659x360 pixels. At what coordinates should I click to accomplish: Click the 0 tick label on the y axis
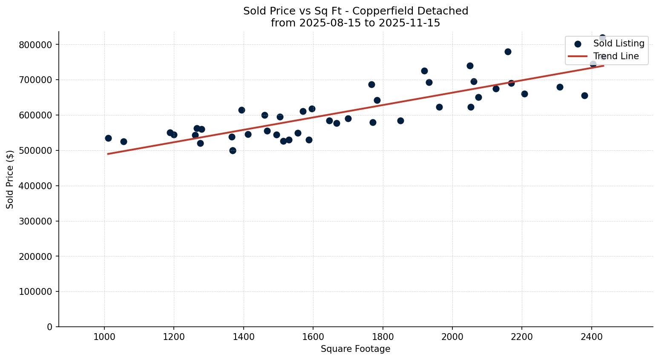50,327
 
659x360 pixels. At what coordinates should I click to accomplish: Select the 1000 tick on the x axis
104,337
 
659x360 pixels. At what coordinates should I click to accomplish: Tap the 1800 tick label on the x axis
383,337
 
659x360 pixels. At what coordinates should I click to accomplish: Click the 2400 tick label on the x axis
591,337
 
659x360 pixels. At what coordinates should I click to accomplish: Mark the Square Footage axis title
355,349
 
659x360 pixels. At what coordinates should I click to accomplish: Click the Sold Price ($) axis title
10,179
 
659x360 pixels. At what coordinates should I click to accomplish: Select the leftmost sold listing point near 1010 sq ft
108,138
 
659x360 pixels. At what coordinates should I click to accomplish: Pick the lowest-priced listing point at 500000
233,150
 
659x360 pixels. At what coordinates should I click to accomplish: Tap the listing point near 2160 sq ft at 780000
508,52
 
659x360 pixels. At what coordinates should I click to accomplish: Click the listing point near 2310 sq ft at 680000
560,87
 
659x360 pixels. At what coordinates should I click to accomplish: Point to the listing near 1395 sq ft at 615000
242,110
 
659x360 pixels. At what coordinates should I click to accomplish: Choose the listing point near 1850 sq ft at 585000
400,121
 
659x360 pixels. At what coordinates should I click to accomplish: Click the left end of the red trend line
108,154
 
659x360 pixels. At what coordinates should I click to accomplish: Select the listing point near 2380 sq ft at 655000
584,95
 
